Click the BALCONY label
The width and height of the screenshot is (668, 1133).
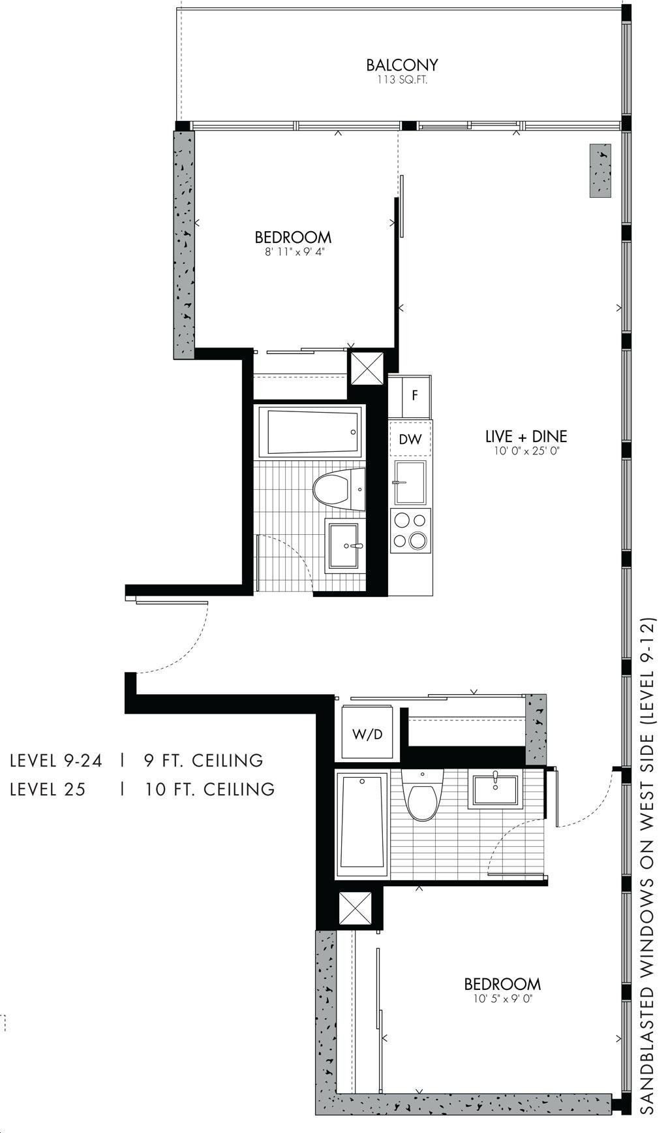[x=401, y=65]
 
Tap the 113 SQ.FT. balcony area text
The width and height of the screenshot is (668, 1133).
[x=401, y=80]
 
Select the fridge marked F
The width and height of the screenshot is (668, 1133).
[x=415, y=396]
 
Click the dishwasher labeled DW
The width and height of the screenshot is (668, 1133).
[x=410, y=439]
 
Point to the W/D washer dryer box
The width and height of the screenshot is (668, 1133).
[x=367, y=733]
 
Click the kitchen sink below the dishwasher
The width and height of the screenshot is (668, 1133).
[x=410, y=483]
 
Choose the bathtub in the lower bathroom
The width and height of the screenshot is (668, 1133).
[x=362, y=825]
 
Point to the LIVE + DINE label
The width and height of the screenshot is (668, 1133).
[x=526, y=436]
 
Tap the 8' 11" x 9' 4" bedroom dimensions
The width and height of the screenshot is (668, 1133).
[x=293, y=252]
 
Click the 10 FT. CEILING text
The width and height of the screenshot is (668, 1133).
[x=209, y=789]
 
